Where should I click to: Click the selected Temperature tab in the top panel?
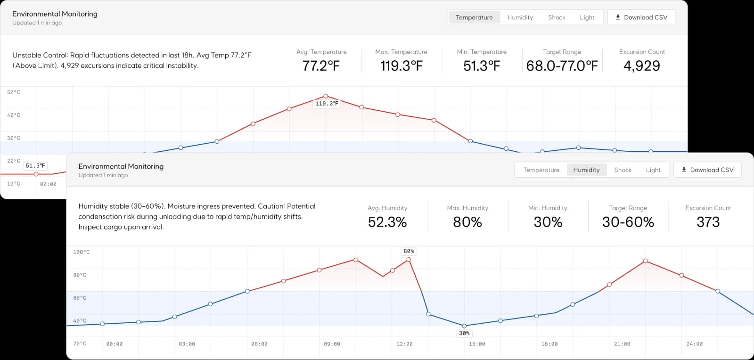[474, 17]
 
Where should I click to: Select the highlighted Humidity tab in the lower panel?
[586, 170]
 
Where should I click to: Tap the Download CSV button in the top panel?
[641, 17]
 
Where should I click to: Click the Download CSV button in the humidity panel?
[707, 170]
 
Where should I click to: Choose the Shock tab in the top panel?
[557, 17]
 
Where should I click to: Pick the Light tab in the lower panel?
[653, 170]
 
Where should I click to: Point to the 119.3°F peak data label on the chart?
[327, 104]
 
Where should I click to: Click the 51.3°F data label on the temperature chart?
[35, 165]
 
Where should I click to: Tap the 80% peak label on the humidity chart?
[409, 251]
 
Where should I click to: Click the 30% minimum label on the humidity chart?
[464, 333]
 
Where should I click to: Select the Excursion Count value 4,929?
[641, 65]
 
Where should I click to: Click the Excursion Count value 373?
[708, 222]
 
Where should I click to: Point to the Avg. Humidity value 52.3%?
[387, 222]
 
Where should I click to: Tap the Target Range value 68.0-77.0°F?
[562, 65]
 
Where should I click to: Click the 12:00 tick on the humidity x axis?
[404, 344]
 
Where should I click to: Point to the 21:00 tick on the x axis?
[622, 344]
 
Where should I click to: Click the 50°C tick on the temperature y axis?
[14, 92]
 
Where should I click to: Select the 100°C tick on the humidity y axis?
[82, 252]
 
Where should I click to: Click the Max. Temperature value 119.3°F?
[401, 65]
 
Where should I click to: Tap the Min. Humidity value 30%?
[548, 222]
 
